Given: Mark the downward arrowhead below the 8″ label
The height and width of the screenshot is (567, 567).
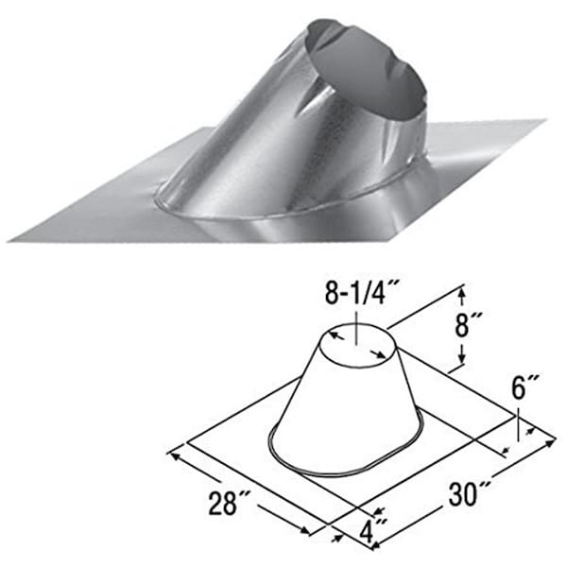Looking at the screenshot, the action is coord(461,358).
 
